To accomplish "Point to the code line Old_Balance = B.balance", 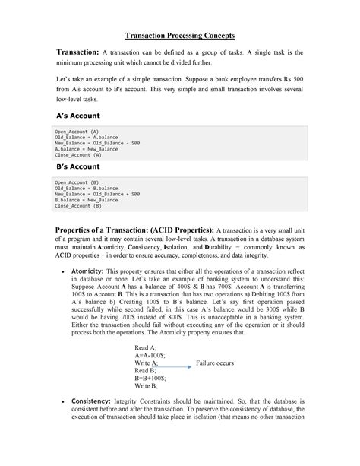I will pyautogui.click(x=86, y=189).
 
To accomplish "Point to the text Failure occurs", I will pyautogui.click(x=215, y=363).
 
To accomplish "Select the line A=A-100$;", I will pyautogui.click(x=150, y=354).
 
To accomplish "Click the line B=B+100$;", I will pyautogui.click(x=150, y=378).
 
